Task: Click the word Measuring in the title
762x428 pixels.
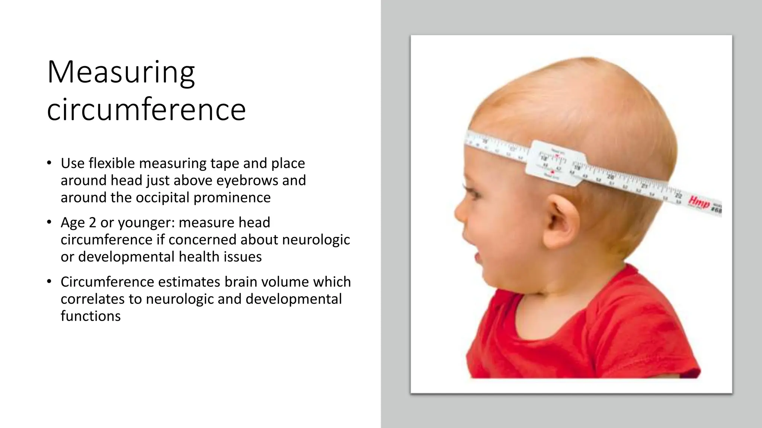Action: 121,73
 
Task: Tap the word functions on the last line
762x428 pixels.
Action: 90,316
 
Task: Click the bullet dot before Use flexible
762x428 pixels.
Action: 49,163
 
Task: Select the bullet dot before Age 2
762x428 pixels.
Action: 49,222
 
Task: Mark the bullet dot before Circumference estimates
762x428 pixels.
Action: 49,282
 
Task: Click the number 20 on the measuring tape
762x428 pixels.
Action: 611,177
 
